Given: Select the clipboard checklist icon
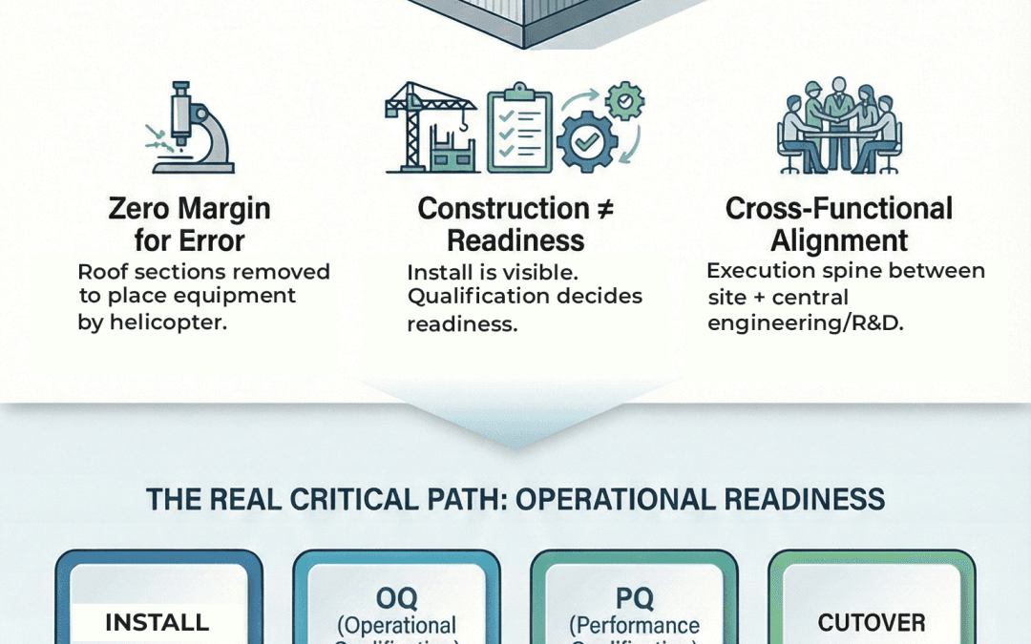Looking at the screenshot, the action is [518, 132].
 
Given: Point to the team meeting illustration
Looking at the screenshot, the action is [837, 130].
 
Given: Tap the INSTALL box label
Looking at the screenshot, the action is [157, 622].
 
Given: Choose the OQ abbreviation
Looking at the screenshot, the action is [396, 597].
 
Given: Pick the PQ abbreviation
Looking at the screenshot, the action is [634, 597].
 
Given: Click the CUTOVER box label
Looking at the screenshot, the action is [871, 622].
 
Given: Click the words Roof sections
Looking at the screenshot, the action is [141, 271].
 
